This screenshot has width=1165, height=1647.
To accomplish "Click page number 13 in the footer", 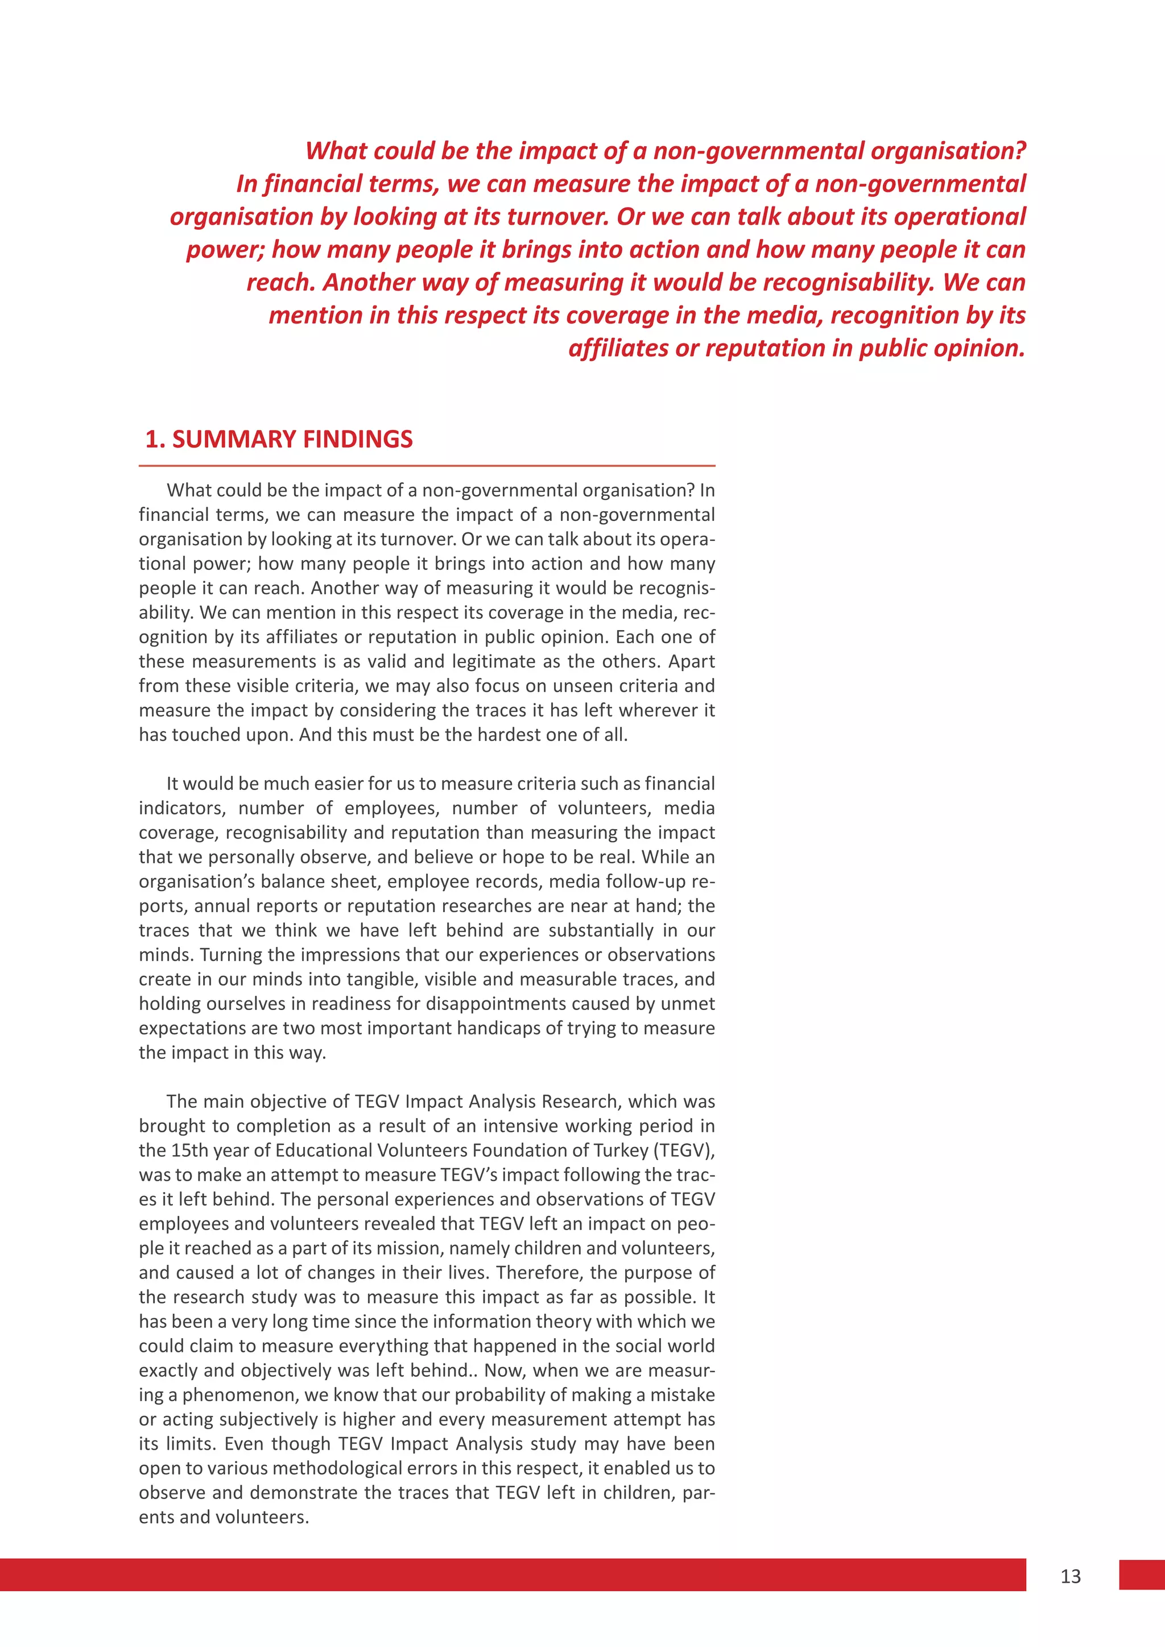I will [1071, 1576].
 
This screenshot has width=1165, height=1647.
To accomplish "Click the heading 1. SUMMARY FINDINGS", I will [279, 439].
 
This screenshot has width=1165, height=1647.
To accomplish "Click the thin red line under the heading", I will [427, 466].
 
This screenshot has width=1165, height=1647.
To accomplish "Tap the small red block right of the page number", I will [1141, 1575].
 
